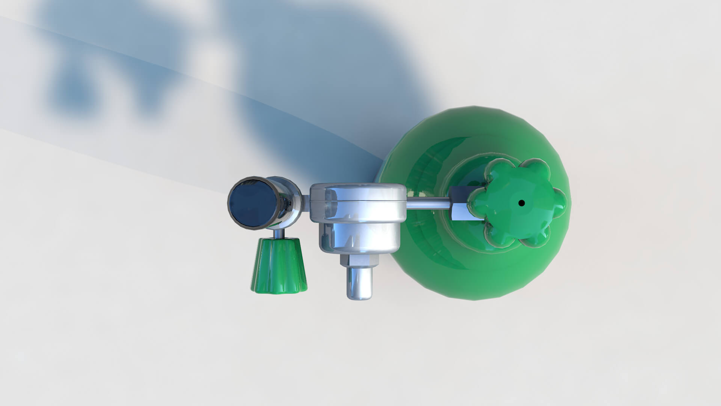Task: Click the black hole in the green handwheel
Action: click(x=521, y=203)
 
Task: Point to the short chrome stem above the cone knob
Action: click(x=278, y=234)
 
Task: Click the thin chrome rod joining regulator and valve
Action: click(x=428, y=204)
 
